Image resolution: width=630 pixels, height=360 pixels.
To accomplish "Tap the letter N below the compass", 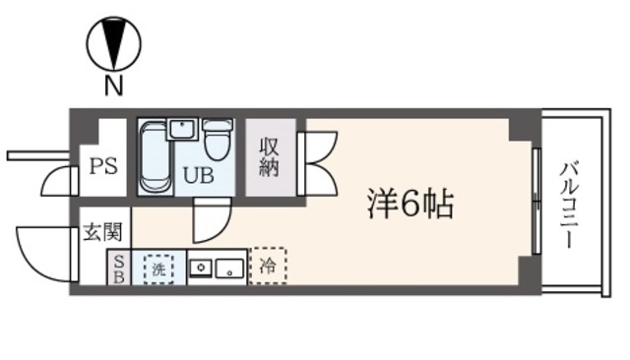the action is pos(113,88).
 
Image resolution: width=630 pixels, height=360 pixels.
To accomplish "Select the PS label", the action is pos(103,164).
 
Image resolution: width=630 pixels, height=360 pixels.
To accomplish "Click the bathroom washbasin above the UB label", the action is pos(182,130).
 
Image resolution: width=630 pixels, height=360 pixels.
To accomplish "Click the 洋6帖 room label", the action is pos(411,207).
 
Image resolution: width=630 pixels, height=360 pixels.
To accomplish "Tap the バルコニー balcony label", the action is pos(569,206).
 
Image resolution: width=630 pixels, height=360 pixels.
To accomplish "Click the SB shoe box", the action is pos(117,267).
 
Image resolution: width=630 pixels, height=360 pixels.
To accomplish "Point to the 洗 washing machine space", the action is pos(157,266).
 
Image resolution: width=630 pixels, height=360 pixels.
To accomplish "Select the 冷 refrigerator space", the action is pos(267,265).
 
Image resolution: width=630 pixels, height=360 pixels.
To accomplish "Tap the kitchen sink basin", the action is pos(230,267).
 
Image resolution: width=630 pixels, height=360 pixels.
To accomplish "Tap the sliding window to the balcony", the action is pos(535,202).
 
